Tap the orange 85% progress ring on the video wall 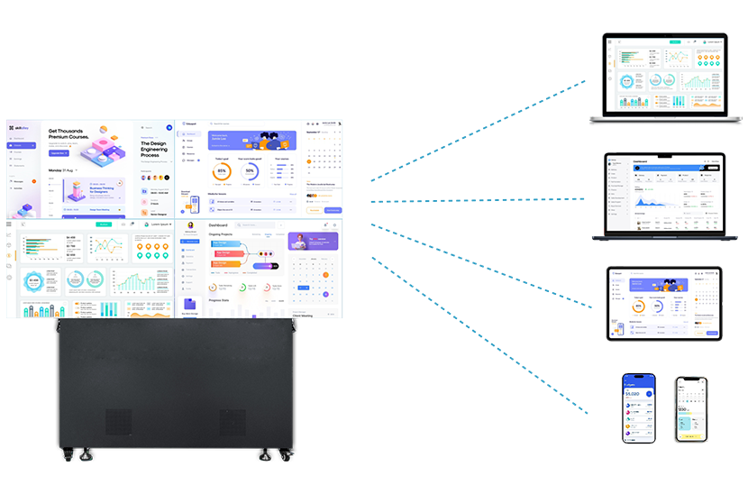pos(222,170)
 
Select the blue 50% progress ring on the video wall pos(251,170)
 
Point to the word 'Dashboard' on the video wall pos(218,224)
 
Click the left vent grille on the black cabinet pos(118,422)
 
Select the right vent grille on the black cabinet pos(232,422)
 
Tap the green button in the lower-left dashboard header pos(104,224)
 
